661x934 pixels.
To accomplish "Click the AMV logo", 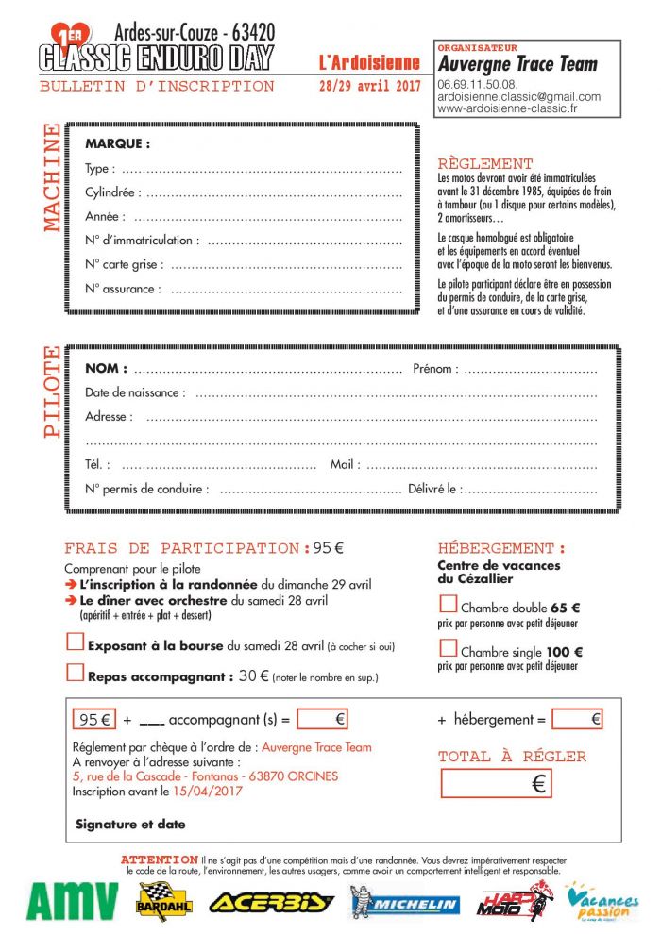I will coord(72,901).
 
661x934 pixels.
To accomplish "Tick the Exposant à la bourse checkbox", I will coord(75,643).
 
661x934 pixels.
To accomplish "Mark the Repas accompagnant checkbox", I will coord(75,673).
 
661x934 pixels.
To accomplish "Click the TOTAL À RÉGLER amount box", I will coord(496,783).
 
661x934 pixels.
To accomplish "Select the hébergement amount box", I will coord(578,719).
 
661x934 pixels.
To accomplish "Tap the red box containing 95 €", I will coord(94,719).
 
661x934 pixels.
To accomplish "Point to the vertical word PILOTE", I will coord(52,392).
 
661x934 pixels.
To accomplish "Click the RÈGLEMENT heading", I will coord(485,163).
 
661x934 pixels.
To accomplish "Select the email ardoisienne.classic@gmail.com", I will coord(518,96).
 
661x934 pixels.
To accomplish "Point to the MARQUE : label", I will coord(117,144).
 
